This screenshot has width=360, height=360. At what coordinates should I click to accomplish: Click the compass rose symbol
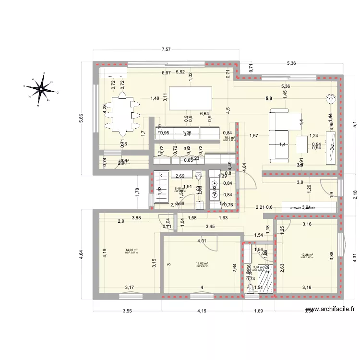click(x=42, y=87)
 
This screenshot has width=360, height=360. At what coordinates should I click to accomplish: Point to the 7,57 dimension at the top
click(x=166, y=49)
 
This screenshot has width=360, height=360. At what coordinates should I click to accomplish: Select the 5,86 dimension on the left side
click(x=82, y=120)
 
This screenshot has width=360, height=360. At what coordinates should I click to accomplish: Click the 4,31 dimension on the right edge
click(x=355, y=257)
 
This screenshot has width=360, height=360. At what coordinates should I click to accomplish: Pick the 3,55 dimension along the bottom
click(x=127, y=311)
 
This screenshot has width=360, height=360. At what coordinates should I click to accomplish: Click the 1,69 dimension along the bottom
click(x=258, y=311)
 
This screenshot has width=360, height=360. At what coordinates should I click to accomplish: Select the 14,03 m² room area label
click(x=131, y=250)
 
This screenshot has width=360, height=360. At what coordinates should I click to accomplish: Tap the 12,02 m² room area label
click(x=202, y=264)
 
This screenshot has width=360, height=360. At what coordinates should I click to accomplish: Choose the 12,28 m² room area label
click(x=307, y=255)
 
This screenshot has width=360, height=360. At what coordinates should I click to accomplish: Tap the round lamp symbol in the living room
click(x=330, y=99)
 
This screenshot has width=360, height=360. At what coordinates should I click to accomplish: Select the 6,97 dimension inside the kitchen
click(x=166, y=72)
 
